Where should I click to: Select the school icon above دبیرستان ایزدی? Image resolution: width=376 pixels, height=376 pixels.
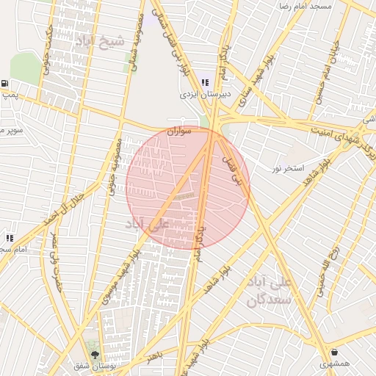(204, 83)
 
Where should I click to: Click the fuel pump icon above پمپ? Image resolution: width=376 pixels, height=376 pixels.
(6, 84)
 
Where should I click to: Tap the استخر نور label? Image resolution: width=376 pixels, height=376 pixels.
(288, 169)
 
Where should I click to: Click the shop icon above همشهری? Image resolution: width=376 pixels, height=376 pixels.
(335, 352)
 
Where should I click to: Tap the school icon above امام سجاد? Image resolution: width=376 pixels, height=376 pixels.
(10, 238)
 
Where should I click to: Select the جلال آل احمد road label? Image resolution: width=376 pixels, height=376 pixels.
(58, 209)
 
